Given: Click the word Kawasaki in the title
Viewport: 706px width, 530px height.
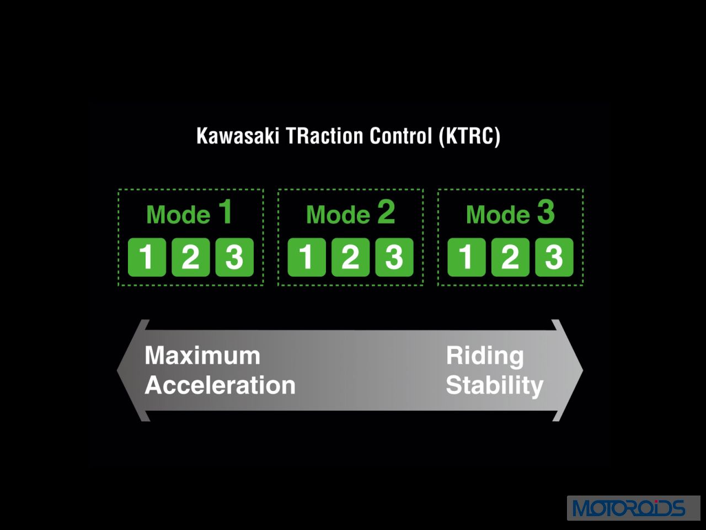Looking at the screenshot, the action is [x=238, y=136].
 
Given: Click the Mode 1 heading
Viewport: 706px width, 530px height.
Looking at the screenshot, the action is [x=189, y=213].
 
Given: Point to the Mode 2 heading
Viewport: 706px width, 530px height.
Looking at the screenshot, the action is [x=351, y=213].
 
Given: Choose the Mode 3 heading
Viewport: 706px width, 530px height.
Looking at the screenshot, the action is [x=510, y=213].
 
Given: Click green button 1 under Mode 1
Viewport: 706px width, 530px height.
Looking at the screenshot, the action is [x=147, y=257].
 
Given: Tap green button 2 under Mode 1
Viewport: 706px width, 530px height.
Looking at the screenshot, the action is [x=191, y=257].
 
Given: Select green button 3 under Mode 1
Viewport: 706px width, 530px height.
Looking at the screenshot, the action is [x=234, y=257].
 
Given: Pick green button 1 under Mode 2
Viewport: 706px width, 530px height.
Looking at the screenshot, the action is [x=307, y=257].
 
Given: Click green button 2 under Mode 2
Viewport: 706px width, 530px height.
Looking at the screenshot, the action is [x=351, y=257].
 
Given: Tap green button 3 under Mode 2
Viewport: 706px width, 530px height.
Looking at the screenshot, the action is [x=394, y=257].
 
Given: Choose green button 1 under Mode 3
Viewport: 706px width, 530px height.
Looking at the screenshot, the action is [x=467, y=257].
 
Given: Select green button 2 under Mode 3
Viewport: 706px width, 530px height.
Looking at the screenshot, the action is [x=510, y=257].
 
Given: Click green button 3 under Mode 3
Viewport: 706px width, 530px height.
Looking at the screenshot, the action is [x=554, y=257].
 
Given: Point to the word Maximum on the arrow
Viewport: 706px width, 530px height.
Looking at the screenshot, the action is [x=202, y=356].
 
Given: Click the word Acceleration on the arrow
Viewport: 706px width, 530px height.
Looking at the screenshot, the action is [x=220, y=385].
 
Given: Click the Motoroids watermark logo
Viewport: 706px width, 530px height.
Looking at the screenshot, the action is [x=633, y=508].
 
